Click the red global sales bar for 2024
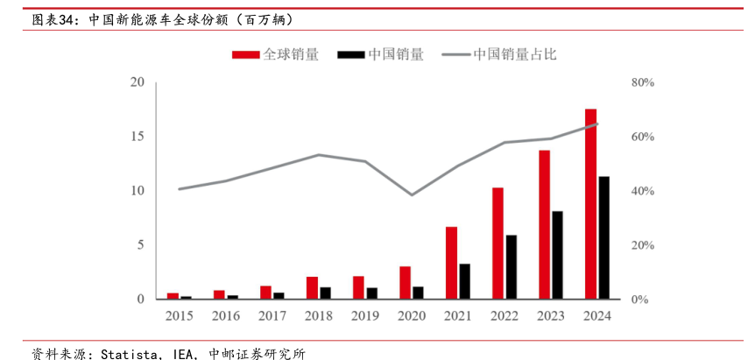[590, 204]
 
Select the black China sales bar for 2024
[604, 238]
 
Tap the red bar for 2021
[451, 263]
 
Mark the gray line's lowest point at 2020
[412, 194]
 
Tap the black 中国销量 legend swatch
[351, 54]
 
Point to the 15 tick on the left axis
[136, 137]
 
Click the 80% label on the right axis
[643, 82]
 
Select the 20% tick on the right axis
[643, 245]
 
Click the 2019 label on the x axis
[365, 315]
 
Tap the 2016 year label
[225, 315]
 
